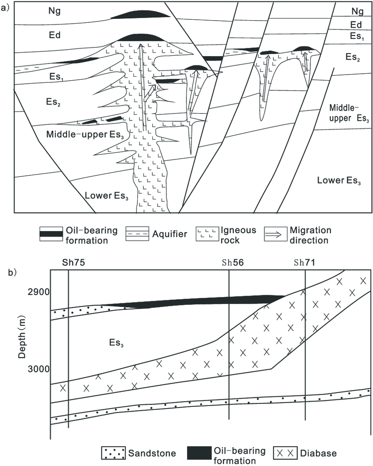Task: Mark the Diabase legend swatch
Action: [x=285, y=453]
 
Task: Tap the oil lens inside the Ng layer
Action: [x=140, y=15]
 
